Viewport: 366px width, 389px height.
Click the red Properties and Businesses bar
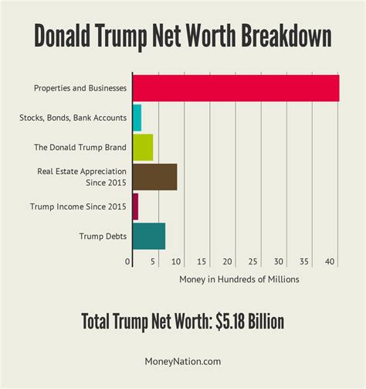pyautogui.click(x=236, y=88)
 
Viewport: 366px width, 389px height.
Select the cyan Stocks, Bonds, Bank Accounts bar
pyautogui.click(x=137, y=118)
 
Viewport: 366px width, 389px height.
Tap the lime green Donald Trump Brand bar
pyautogui.click(x=143, y=147)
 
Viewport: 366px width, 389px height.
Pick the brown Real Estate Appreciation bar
pyautogui.click(x=154, y=177)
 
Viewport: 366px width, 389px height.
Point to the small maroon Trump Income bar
pyautogui.click(x=135, y=206)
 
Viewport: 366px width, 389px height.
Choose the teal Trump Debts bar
pyautogui.click(x=149, y=237)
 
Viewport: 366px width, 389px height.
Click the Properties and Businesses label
pyautogui.click(x=80, y=88)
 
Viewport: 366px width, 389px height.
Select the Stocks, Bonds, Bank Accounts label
pyautogui.click(x=73, y=118)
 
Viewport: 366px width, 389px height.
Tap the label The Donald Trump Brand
pyautogui.click(x=80, y=147)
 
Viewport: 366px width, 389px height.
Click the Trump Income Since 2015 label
pyautogui.click(x=78, y=206)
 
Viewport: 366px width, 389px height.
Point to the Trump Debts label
pyautogui.click(x=103, y=237)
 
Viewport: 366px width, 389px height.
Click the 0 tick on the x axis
pyautogui.click(x=128, y=262)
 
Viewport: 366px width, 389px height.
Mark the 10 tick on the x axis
pyautogui.click(x=178, y=262)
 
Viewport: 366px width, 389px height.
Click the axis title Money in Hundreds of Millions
pyautogui.click(x=239, y=279)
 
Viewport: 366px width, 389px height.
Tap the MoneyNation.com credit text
pyautogui.click(x=183, y=360)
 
